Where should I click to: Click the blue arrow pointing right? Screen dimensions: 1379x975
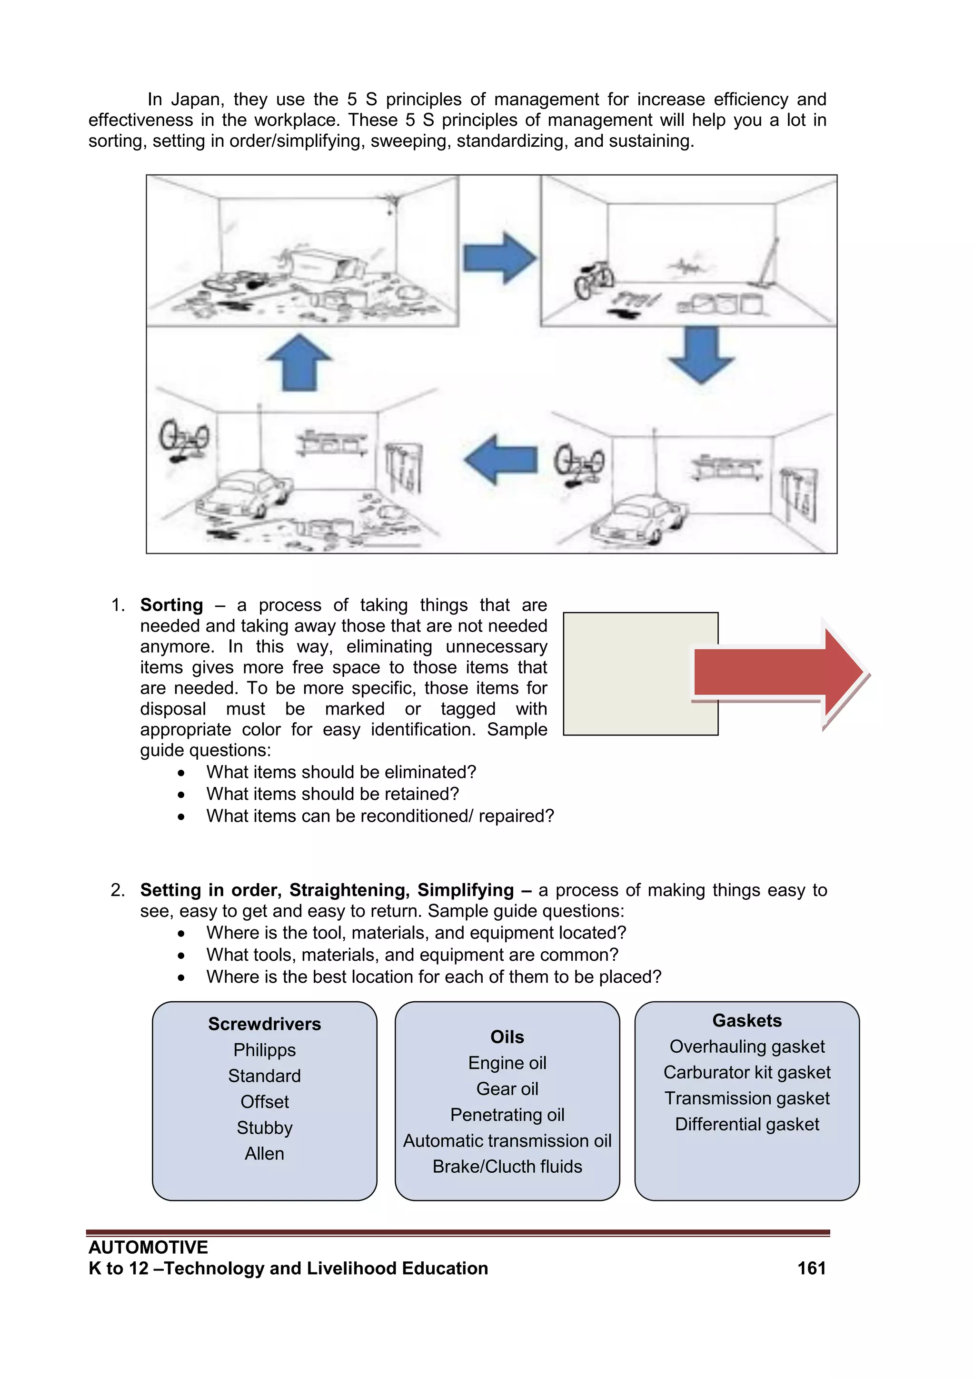498,258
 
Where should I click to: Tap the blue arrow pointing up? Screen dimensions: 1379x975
299,363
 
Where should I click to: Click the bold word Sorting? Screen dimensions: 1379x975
172,605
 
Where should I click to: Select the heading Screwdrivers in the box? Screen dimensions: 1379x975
264,1024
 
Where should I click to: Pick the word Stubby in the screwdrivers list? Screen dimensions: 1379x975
264,1127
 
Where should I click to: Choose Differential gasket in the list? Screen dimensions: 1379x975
747,1124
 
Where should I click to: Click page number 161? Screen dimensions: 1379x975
811,1268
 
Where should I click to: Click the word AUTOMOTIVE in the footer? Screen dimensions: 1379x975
148,1248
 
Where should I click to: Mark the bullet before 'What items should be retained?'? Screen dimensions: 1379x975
181,795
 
